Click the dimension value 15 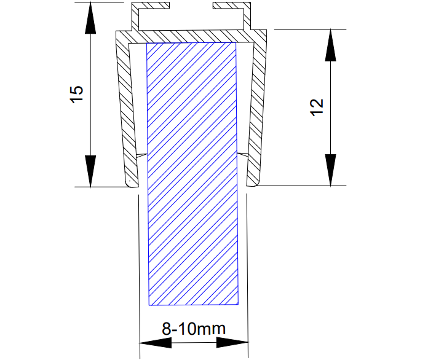[x=77, y=94]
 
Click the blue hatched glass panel [x=192, y=184]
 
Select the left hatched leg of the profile [x=127, y=111]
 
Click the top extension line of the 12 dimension [x=307, y=29]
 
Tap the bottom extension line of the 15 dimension [x=105, y=186]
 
